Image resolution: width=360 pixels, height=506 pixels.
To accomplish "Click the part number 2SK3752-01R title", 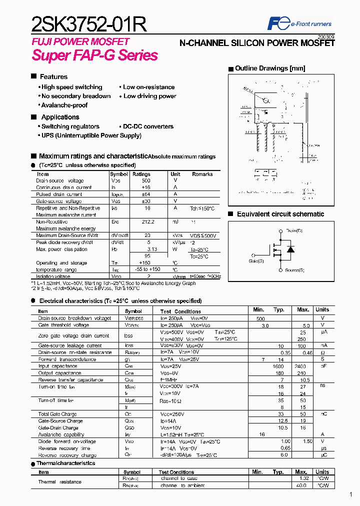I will (89, 24).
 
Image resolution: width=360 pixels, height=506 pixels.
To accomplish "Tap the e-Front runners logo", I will (299, 23).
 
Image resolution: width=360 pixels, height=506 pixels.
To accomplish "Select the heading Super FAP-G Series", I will (95, 55).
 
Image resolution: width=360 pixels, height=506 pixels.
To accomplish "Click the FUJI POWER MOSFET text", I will (80, 41).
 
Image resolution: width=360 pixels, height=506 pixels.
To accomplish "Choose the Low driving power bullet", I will (148, 96).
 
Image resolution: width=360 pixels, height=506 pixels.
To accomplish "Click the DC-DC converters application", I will (147, 126).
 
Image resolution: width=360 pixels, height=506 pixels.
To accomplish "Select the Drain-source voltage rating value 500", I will (146, 180).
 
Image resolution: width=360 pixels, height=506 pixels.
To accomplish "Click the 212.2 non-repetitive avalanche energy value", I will (147, 221).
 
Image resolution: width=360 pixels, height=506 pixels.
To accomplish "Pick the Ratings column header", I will (141, 174).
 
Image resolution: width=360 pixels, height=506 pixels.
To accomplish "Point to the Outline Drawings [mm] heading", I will (269, 68).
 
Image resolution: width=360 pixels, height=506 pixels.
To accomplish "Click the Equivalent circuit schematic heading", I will (280, 214).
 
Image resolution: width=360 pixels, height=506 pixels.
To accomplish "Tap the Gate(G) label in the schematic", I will (256, 260).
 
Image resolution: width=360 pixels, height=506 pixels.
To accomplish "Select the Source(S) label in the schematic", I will (294, 270).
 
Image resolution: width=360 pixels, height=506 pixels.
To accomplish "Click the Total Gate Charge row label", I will (57, 414).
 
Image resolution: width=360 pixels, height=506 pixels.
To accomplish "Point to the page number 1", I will (351, 494).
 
